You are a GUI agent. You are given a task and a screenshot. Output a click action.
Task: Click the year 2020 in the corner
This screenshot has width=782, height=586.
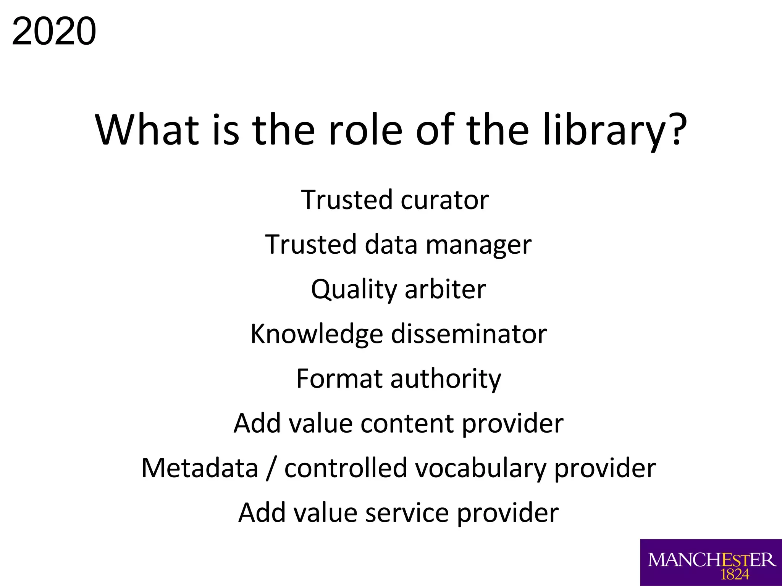54,31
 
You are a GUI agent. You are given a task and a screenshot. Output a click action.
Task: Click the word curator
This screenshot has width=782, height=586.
444,200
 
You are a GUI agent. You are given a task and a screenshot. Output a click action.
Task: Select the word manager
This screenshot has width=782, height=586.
478,245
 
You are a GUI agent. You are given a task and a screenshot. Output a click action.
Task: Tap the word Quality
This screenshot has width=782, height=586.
354,290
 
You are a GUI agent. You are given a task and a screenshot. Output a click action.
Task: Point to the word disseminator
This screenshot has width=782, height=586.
469,334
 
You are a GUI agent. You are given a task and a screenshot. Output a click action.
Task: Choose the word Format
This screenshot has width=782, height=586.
339,379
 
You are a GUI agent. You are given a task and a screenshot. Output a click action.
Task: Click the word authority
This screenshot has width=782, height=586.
446,380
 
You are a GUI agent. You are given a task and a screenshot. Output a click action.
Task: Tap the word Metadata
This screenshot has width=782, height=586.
200,468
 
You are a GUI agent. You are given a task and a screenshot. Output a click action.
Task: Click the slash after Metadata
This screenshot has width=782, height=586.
271,469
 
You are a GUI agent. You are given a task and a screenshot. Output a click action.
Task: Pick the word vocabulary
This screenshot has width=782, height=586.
481,469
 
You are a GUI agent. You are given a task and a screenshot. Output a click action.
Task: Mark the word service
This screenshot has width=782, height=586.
407,513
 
